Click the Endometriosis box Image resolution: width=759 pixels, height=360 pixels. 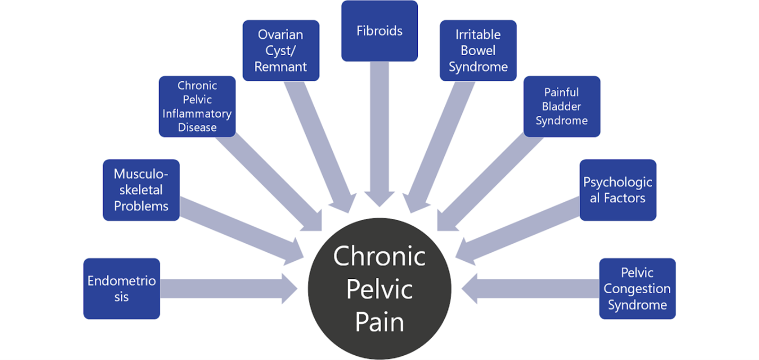122,288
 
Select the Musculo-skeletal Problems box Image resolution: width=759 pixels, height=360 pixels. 141,190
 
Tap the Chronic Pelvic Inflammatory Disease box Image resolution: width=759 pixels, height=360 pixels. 197,106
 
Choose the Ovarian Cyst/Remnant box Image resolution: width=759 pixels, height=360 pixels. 281,50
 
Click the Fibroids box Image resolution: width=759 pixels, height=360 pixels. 379,31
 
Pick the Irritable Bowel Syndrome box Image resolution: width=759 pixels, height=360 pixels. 478,50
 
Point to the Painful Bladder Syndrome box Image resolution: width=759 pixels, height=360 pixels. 562,106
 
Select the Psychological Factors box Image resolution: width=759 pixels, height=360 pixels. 618,190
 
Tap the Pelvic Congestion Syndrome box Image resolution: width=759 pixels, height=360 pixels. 637,288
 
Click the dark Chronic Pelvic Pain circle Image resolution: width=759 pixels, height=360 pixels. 379,289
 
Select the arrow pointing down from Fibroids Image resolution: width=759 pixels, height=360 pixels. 379,133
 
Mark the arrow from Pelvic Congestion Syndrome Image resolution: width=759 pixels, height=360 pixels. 531,288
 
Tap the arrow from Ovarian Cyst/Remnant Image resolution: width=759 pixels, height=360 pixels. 318,143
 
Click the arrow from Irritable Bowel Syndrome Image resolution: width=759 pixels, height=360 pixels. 441,143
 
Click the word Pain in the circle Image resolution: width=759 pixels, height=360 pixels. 379,322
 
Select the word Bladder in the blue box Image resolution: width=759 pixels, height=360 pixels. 562,106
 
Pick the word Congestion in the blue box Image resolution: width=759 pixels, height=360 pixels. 637,289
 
